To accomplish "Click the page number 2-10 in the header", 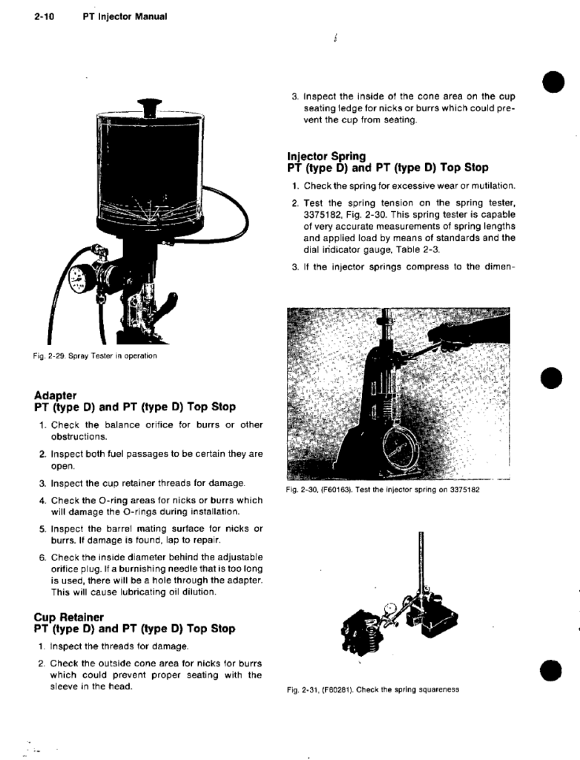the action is click(x=44, y=16).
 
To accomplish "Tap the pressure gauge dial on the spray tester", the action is click(x=78, y=280).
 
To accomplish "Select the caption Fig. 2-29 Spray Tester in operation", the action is click(x=95, y=356).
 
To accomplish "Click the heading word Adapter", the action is click(x=55, y=395).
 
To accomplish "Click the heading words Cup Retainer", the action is click(x=69, y=617).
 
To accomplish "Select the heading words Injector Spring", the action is click(x=326, y=156).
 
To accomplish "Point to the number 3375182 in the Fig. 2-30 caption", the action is click(x=465, y=490).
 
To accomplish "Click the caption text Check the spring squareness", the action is click(x=407, y=689).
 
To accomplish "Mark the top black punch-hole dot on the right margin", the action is click(x=553, y=82).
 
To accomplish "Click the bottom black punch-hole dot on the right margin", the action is click(x=550, y=670).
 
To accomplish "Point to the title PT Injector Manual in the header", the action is click(x=125, y=16).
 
